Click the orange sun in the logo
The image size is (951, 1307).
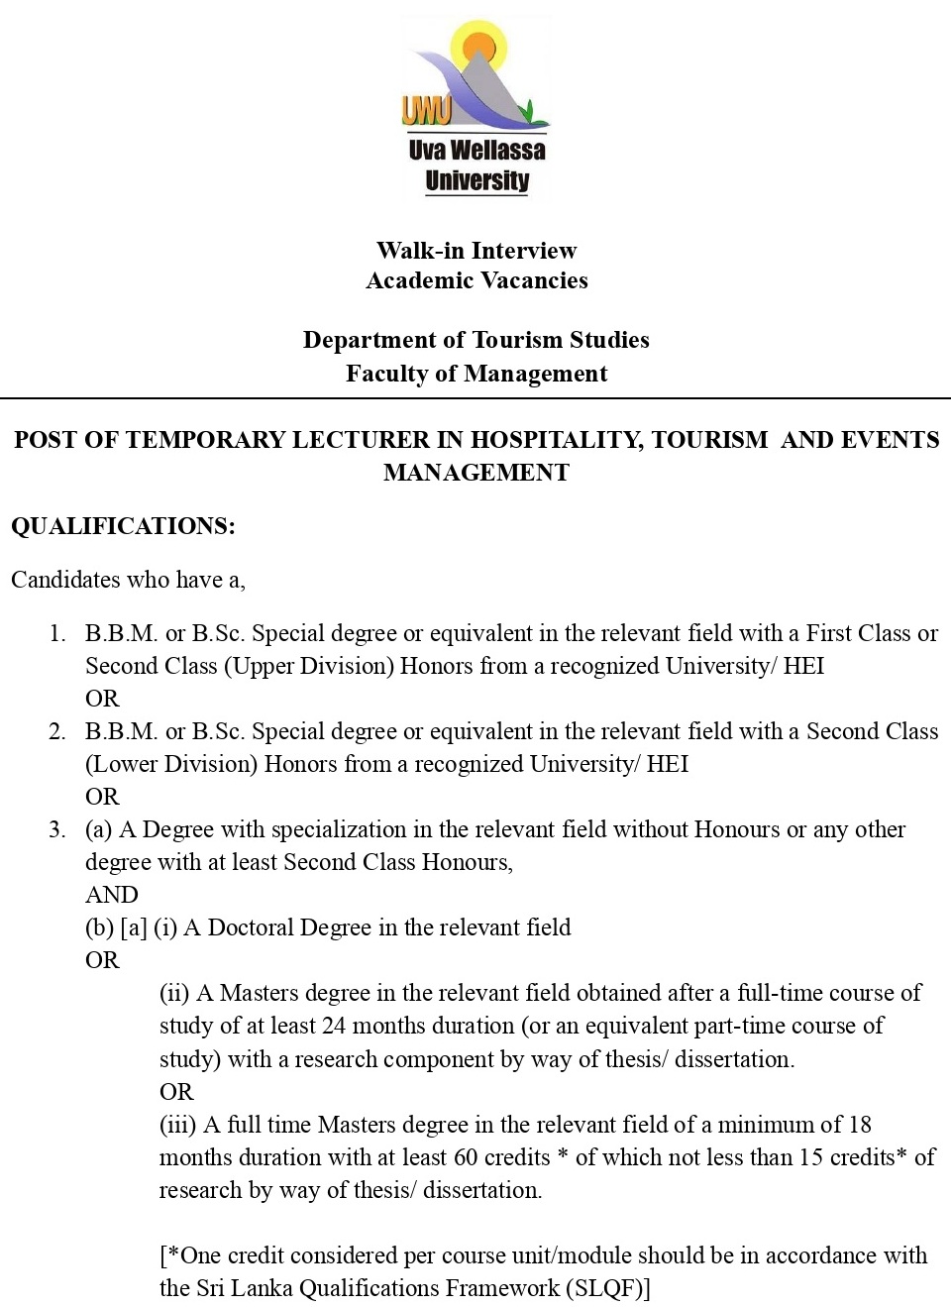(479, 45)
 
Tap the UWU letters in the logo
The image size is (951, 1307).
(426, 111)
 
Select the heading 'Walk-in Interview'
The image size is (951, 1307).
(476, 251)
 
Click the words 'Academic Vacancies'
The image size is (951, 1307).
(476, 280)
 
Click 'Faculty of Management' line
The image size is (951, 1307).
(476, 374)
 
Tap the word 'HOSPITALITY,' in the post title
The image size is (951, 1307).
(557, 440)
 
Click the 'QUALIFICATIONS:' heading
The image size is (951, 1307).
(123, 526)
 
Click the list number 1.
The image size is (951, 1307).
(57, 633)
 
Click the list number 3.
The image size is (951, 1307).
(57, 829)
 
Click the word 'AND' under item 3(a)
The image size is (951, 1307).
(111, 895)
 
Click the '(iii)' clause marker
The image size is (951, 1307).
(178, 1125)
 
